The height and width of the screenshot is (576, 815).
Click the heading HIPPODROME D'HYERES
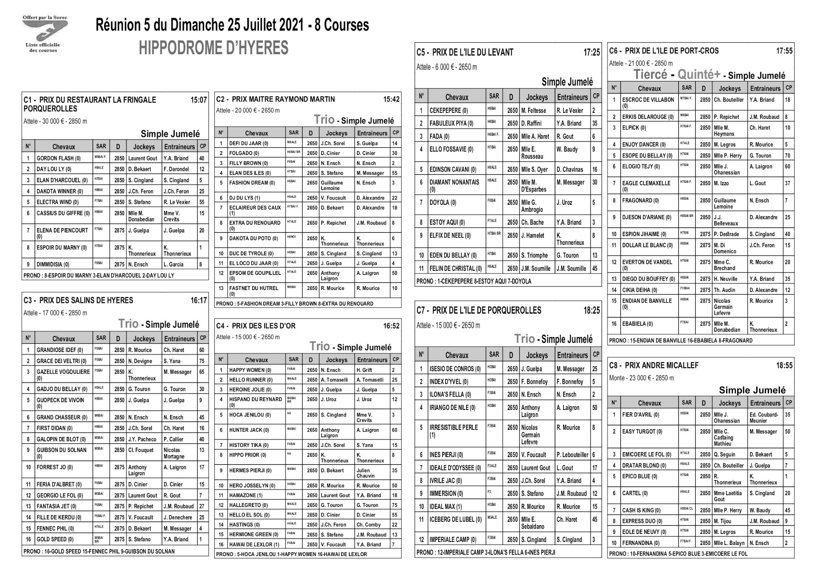coord(214,48)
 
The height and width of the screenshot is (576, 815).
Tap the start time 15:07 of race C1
coord(198,100)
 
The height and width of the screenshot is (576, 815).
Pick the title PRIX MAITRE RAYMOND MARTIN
coord(283,99)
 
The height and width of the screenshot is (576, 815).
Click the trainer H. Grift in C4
coord(364,370)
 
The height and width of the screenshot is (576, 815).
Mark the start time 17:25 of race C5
coord(592,52)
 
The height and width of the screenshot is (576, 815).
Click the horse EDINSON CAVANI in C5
coord(453,169)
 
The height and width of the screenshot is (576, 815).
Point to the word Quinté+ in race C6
coord(699,75)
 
